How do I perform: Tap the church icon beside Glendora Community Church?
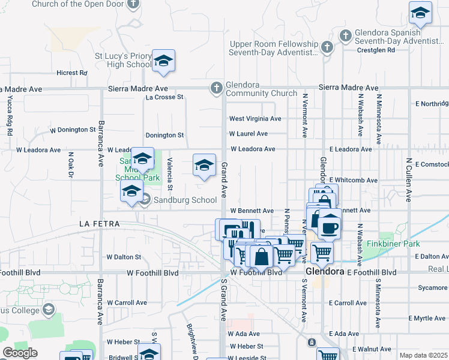[x=217, y=88]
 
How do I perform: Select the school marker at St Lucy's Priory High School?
[x=163, y=61]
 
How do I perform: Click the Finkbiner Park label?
[x=394, y=244]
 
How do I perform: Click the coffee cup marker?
[x=330, y=227]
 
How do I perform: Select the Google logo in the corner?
[x=20, y=352]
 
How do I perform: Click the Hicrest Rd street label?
[x=72, y=73]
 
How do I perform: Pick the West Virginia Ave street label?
[x=255, y=119]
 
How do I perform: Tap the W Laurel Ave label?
[x=249, y=134]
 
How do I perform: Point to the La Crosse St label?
[x=164, y=97]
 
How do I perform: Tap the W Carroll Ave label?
[x=127, y=303]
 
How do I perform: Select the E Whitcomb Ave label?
[x=353, y=180]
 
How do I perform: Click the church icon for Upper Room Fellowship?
[x=327, y=47]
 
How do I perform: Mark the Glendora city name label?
[x=325, y=271]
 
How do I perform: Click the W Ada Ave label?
[x=244, y=334]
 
